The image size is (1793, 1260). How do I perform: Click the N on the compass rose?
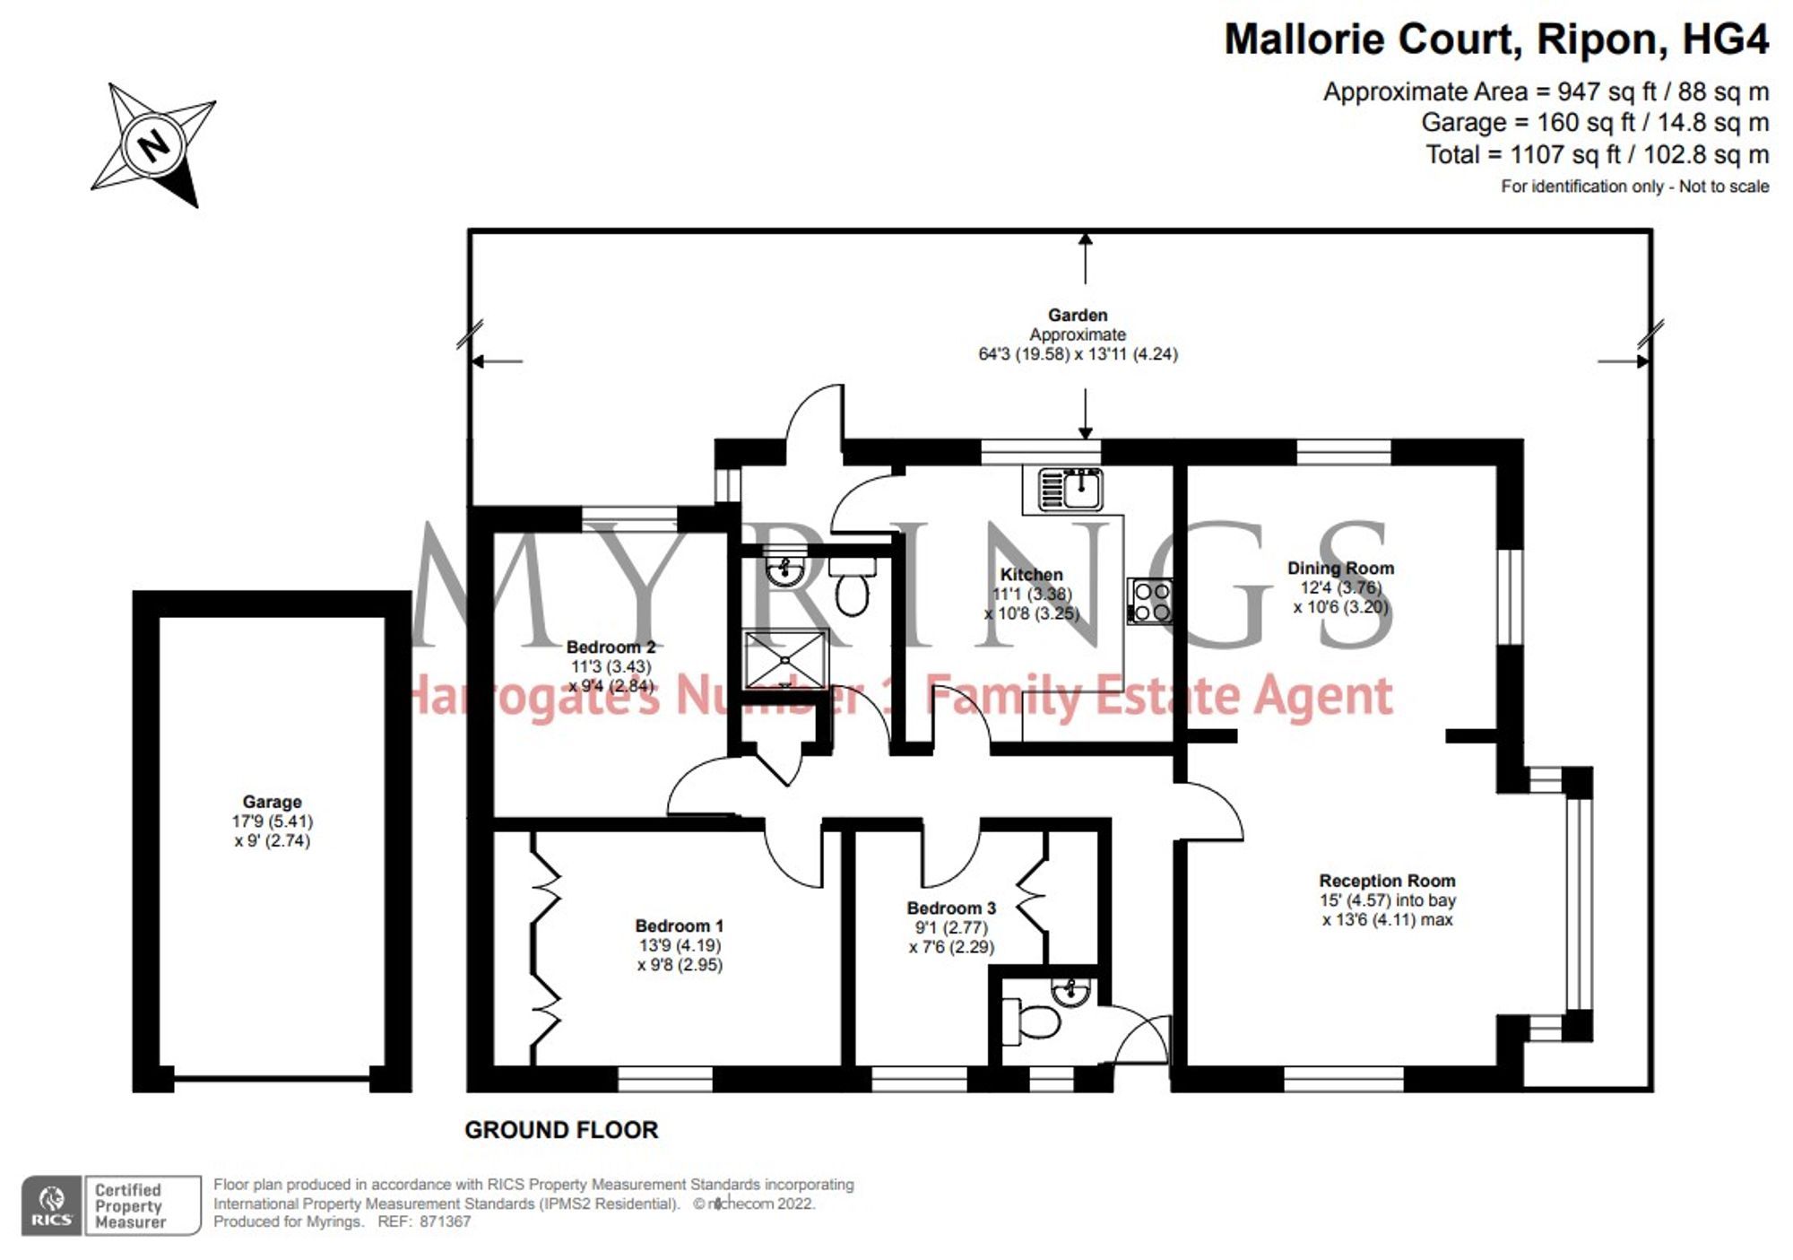pos(154,144)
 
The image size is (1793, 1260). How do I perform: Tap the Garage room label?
pos(272,802)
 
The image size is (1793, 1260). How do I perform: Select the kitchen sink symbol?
pos(1070,490)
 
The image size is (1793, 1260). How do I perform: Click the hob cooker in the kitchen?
pos(1151,601)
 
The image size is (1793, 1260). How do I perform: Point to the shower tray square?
pos(785,659)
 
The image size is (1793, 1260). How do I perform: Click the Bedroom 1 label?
pos(679,925)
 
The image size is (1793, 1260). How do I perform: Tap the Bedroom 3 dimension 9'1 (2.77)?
pos(950,927)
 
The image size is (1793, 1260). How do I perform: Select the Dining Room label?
pos(1340,568)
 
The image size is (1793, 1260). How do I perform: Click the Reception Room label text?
pos(1387,881)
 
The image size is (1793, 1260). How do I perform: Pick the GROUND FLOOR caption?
pos(561,1130)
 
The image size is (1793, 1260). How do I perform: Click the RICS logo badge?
pos(52,1205)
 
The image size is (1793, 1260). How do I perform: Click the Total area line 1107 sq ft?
pos(1597,154)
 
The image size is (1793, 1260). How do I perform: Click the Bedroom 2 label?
pos(611,647)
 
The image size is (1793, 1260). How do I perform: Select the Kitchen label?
pos(1031,574)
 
